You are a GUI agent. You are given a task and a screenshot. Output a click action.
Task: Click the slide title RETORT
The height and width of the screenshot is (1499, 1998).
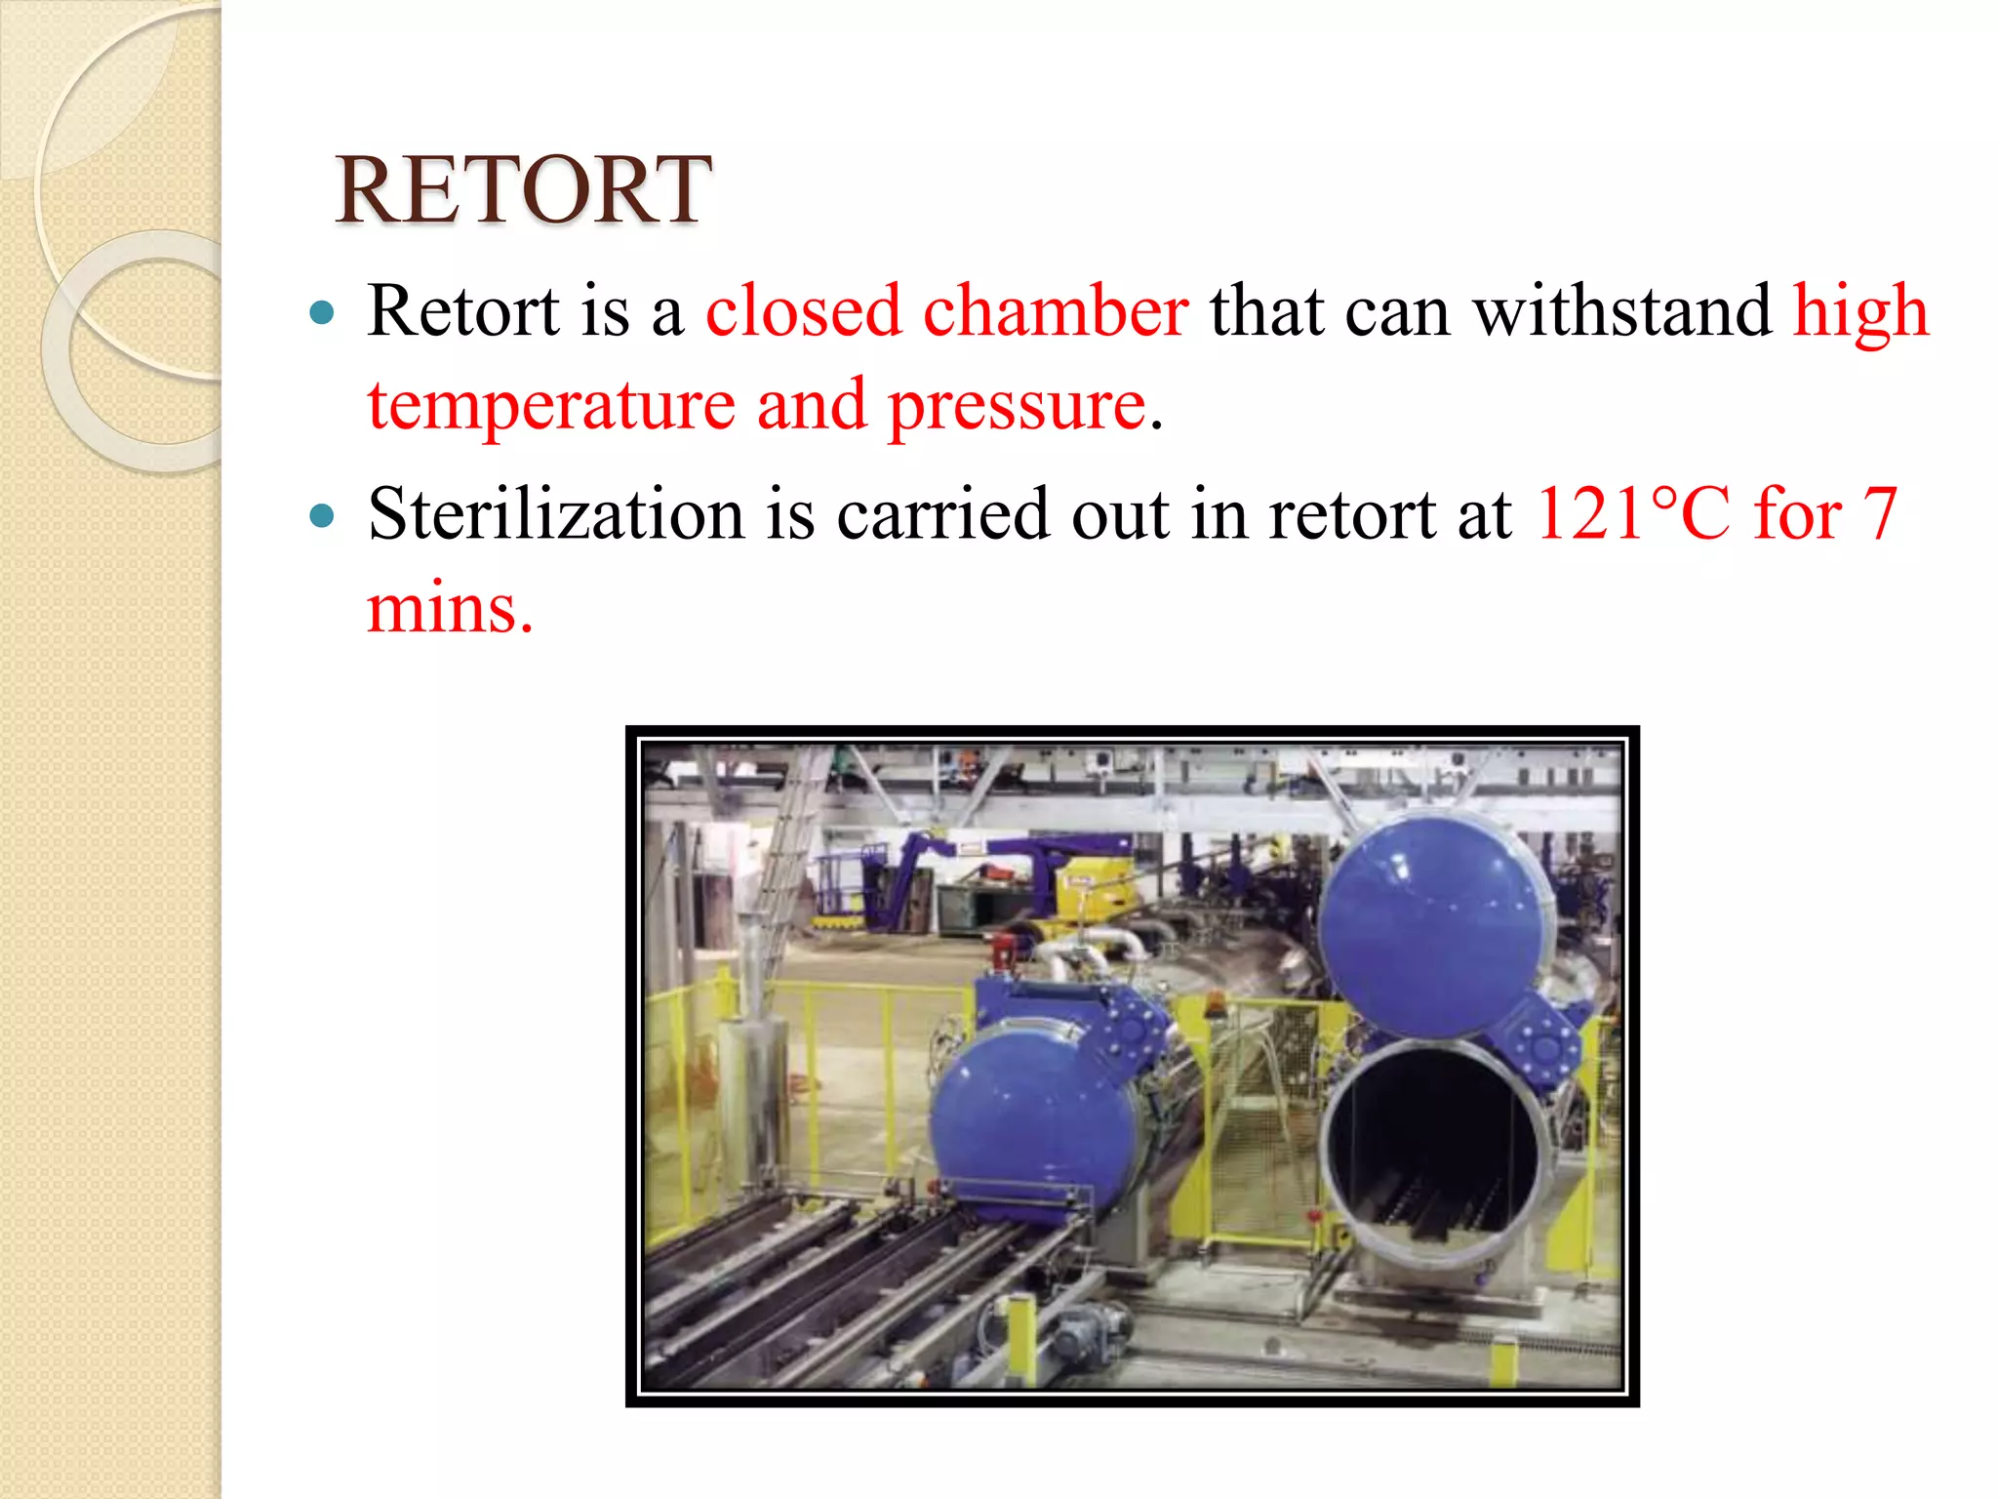(x=523, y=190)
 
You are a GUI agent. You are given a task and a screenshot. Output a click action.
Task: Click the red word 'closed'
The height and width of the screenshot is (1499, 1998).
(x=803, y=311)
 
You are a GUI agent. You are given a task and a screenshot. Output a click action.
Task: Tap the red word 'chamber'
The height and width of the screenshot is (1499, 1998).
(x=1056, y=311)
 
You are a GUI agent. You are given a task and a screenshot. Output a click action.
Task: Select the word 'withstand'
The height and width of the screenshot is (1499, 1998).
(x=1621, y=311)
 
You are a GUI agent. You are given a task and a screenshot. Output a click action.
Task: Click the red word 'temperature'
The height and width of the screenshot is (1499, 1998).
(x=551, y=406)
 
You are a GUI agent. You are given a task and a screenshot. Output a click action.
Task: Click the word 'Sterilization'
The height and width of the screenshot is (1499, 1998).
(x=556, y=513)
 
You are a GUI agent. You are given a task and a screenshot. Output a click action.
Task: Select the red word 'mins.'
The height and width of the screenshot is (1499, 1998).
(x=450, y=608)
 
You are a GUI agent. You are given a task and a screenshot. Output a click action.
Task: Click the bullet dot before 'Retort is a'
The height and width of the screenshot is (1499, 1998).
(x=322, y=313)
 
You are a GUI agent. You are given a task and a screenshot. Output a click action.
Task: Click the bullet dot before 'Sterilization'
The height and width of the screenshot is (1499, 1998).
(x=322, y=514)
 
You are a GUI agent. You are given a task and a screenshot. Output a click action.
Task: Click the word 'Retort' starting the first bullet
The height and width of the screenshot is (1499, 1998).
(x=463, y=311)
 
